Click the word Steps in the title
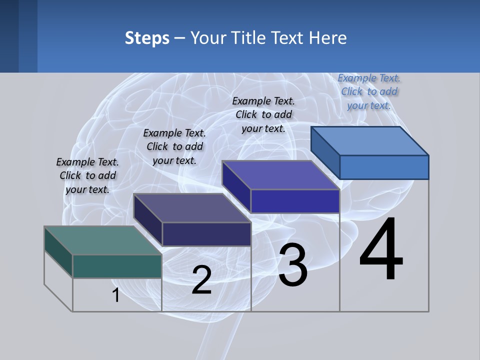click(147, 38)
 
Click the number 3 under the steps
click(293, 265)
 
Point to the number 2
click(201, 280)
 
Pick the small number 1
click(116, 295)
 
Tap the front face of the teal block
click(117, 266)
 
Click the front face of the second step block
click(206, 234)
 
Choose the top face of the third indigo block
click(280, 175)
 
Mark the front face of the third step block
click(295, 201)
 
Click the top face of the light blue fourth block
click(369, 140)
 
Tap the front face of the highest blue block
click(384, 167)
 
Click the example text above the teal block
click(87, 175)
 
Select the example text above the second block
click(174, 146)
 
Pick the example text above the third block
click(263, 114)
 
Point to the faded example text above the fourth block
click(369, 91)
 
